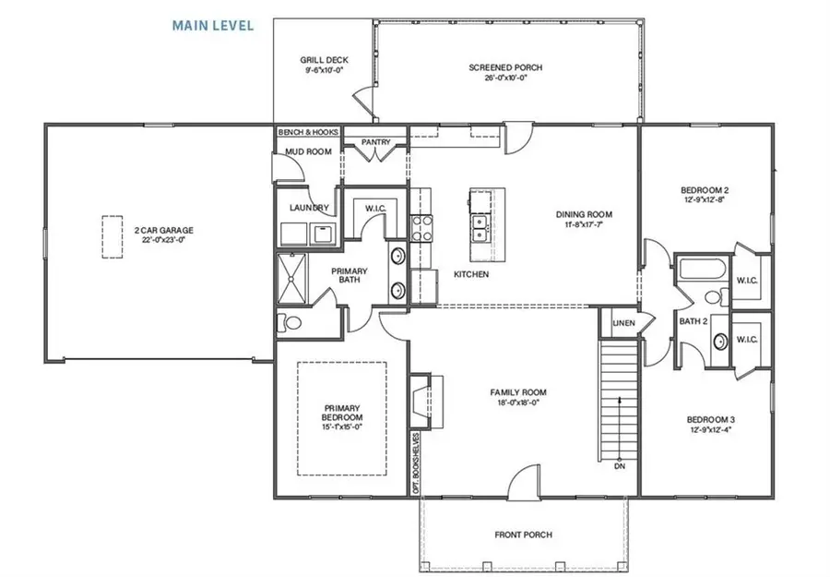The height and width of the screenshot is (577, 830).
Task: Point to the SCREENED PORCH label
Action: click(x=504, y=67)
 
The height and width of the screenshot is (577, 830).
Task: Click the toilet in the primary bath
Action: click(x=289, y=323)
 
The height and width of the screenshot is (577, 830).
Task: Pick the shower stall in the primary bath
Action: click(x=296, y=278)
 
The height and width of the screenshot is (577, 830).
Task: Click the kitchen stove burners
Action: click(x=421, y=227)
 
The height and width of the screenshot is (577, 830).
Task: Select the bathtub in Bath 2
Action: click(x=692, y=273)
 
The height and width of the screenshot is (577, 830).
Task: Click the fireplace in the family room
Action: click(x=421, y=397)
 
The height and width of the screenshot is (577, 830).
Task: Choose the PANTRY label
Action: click(x=376, y=142)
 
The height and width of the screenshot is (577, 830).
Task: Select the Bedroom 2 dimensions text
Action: click(x=705, y=199)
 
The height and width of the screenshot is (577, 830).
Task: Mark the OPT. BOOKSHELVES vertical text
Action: click(x=417, y=463)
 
